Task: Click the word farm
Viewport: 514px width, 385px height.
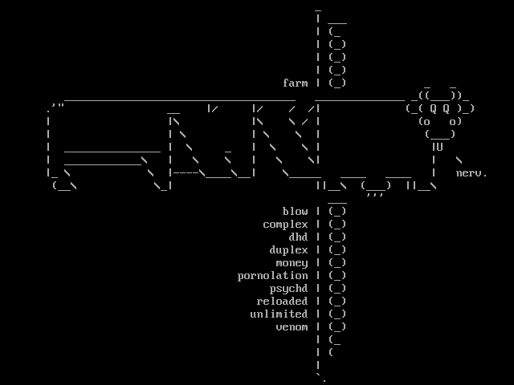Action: [x=295, y=83]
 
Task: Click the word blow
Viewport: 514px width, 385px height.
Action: [x=295, y=212]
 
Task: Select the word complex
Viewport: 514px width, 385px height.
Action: [x=285, y=225]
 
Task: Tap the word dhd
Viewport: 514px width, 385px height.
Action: [x=298, y=237]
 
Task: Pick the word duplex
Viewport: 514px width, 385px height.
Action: [x=288, y=250]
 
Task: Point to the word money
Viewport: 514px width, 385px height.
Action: [x=292, y=263]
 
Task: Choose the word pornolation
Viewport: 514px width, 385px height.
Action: [x=272, y=276]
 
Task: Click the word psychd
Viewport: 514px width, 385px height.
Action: [x=288, y=289]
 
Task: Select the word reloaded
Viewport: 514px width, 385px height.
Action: [x=282, y=302]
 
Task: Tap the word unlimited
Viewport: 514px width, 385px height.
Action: [x=279, y=314]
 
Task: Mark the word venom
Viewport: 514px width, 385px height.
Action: [x=292, y=327]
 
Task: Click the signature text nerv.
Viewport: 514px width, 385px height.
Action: [x=471, y=173]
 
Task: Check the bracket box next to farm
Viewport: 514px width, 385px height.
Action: [x=337, y=83]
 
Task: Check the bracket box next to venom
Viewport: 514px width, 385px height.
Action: [x=337, y=327]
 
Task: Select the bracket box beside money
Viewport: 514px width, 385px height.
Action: [x=337, y=263]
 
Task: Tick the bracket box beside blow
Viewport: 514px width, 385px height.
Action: [x=337, y=212]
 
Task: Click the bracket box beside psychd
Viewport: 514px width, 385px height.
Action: [x=337, y=289]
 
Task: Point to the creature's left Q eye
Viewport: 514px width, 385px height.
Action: [x=433, y=108]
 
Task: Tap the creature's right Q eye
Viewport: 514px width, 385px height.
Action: [x=447, y=108]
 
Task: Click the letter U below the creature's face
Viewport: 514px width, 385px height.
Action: [x=439, y=147]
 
